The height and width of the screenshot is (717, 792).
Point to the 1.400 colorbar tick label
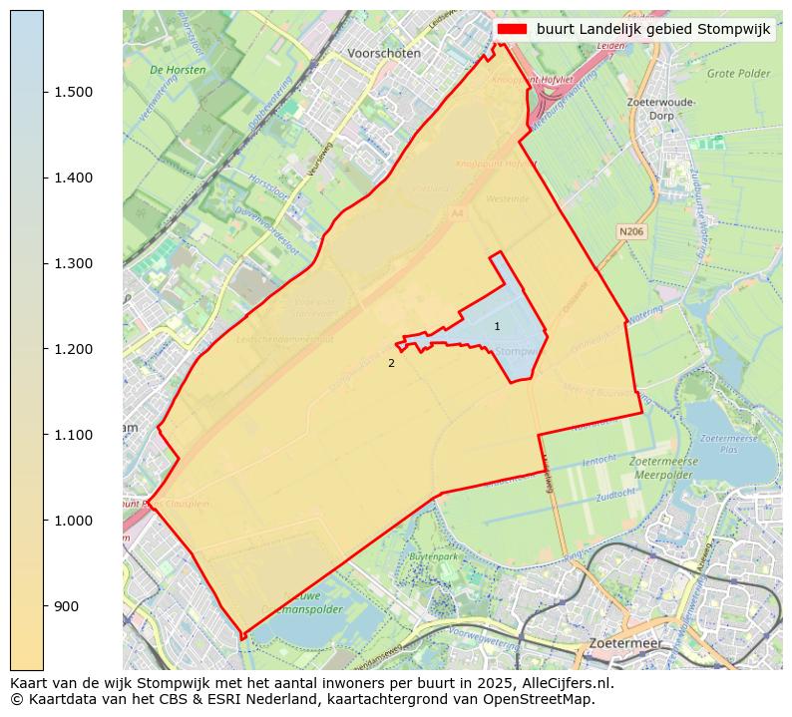coord(72,178)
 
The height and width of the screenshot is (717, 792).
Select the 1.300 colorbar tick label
coord(72,263)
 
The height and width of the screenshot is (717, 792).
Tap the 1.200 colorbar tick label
coord(72,349)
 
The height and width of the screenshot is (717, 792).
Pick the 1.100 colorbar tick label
coord(72,435)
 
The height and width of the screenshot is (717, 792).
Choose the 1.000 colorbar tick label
coord(72,521)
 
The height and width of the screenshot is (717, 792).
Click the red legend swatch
coord(513,30)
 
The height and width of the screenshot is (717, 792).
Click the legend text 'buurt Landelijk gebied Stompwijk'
coord(653,30)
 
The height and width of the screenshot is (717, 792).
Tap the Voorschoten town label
coord(384,53)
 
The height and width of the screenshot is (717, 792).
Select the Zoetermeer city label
coord(624,644)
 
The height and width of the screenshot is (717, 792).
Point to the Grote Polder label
coord(738,74)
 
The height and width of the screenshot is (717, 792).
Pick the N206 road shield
coord(630,231)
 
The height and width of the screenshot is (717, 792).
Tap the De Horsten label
coord(178,71)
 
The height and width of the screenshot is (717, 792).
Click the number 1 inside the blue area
coord(497,327)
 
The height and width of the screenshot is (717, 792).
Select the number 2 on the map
coord(391,364)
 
